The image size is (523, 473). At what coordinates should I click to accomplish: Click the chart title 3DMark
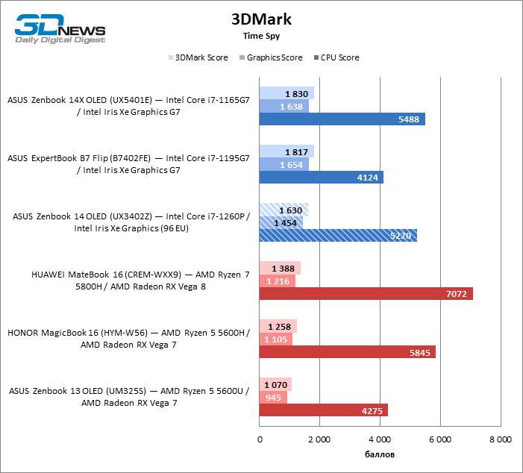pos(261,19)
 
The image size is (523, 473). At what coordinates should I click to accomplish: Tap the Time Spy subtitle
pos(261,35)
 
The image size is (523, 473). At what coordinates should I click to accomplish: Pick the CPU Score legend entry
pos(339,57)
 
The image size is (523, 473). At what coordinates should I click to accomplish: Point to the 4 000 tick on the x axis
pos(379,440)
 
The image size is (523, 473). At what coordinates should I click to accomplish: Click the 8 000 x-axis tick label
pos(499,440)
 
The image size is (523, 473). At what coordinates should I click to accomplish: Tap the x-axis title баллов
pos(379,454)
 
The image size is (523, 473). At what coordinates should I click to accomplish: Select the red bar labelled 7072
pos(366,294)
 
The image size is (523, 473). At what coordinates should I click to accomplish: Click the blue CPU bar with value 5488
pos(342,119)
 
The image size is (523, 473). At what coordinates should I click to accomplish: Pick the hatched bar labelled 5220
pos(337,236)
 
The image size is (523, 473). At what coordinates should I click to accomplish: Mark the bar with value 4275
pos(323,410)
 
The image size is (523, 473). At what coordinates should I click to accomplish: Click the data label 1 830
pos(297,93)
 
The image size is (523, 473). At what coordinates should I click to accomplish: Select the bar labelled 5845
pos(347,352)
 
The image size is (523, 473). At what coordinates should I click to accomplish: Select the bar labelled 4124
pos(321,178)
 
